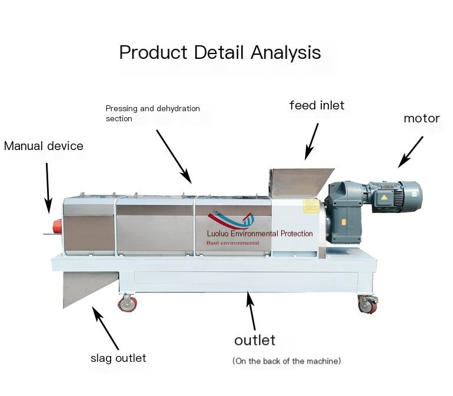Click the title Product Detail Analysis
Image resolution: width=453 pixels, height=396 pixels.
(x=220, y=52)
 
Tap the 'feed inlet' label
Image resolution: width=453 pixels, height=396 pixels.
(x=317, y=105)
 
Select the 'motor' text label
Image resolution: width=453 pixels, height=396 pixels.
(x=421, y=118)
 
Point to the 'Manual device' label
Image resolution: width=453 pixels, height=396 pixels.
(x=44, y=146)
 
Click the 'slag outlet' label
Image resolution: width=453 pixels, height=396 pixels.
(x=118, y=358)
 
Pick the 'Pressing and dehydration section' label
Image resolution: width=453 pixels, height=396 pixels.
(x=152, y=114)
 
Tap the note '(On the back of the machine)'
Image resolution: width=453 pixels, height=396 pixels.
(x=287, y=361)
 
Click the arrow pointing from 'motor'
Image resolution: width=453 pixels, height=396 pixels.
(x=410, y=152)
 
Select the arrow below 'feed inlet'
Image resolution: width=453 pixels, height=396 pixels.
(x=311, y=142)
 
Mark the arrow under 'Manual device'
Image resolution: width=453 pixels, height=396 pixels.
(x=48, y=188)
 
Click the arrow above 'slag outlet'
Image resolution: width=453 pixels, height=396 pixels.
(x=105, y=328)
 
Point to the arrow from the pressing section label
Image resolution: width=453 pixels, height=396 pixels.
(x=174, y=157)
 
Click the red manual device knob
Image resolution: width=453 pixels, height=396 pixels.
(x=57, y=226)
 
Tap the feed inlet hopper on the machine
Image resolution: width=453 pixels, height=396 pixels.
(x=301, y=182)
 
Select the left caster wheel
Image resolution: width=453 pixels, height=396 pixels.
(x=128, y=304)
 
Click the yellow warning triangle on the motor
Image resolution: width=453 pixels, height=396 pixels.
(x=384, y=198)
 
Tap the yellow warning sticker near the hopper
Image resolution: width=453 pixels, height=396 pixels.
(x=311, y=206)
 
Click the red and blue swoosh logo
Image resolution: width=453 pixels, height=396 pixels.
(x=231, y=219)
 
